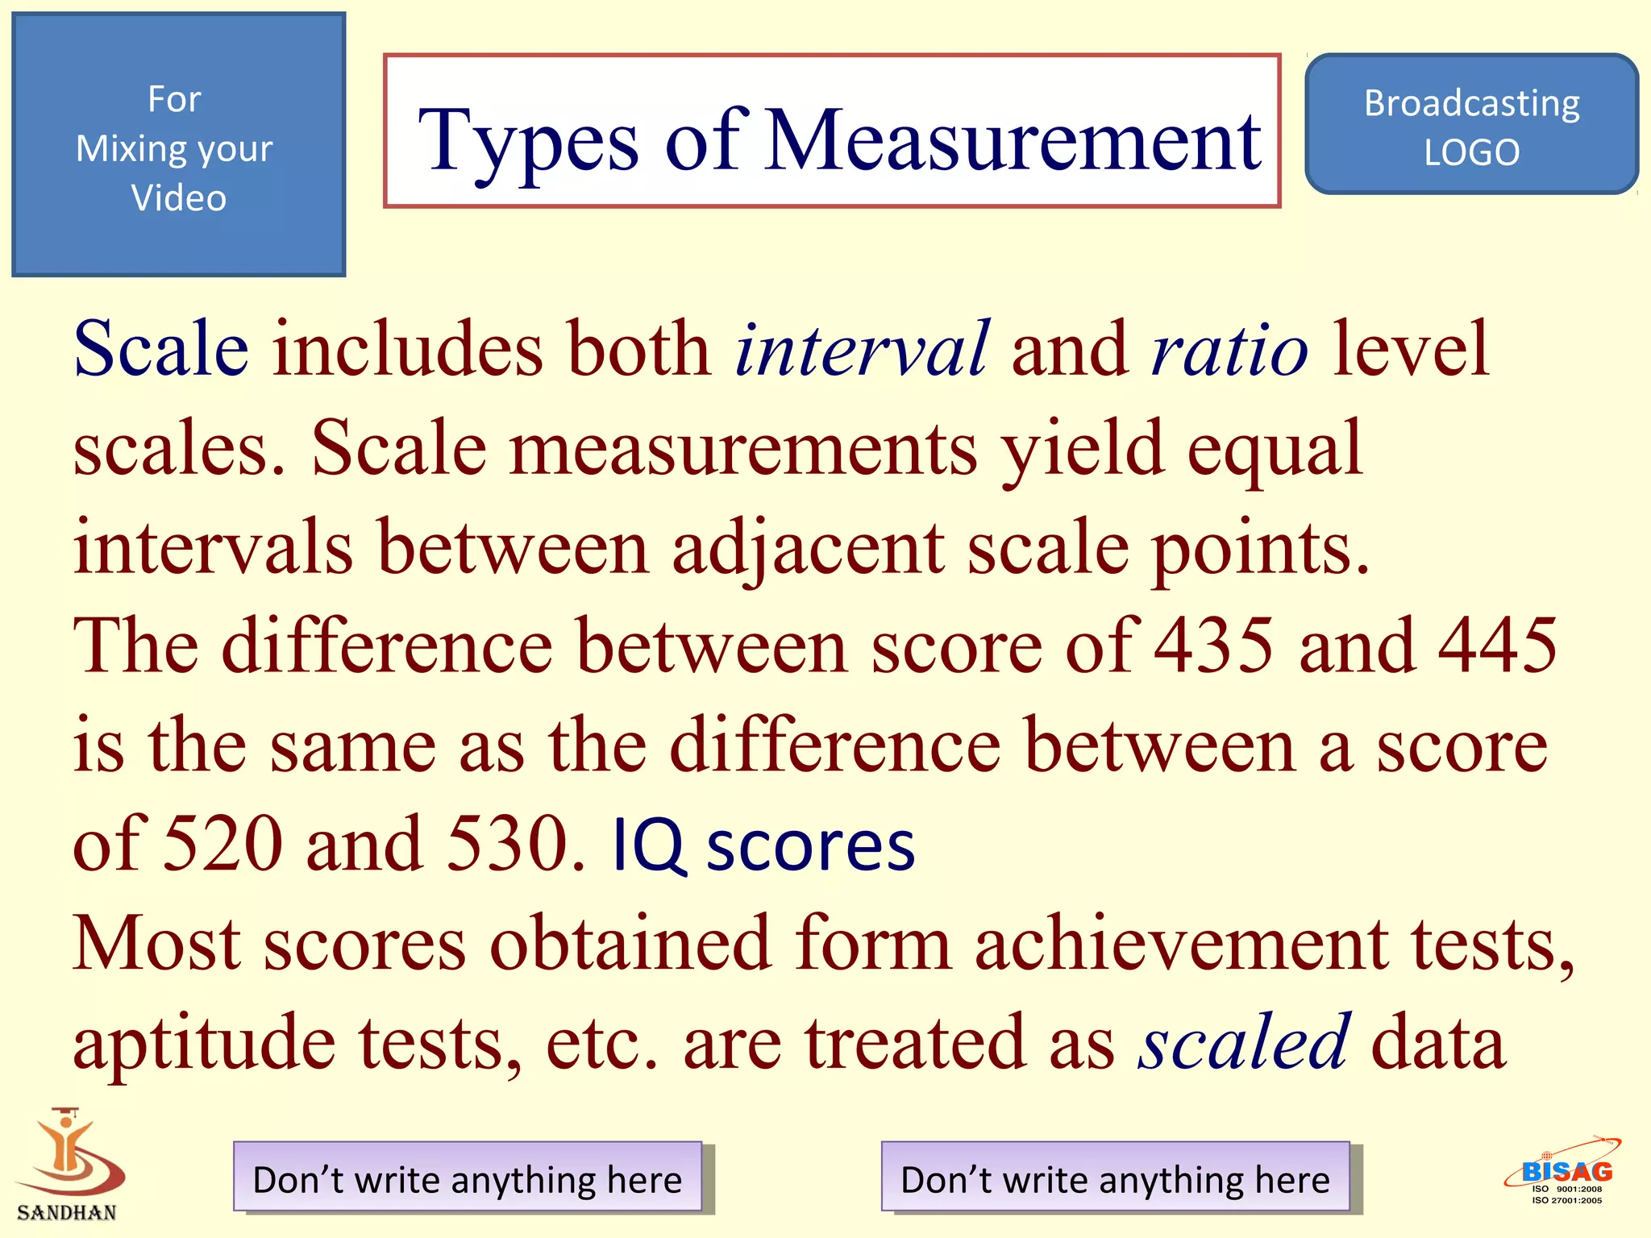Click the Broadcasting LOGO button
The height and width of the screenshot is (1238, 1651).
(x=1471, y=125)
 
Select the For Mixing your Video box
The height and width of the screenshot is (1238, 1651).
(x=178, y=145)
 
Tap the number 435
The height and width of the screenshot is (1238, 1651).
(x=1214, y=646)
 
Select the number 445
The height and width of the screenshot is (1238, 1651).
(x=1498, y=646)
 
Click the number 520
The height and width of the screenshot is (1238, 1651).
(x=222, y=844)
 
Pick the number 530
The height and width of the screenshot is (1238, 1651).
(x=507, y=844)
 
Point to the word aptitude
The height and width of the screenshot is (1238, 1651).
(x=204, y=1044)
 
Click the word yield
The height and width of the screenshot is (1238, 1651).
(x=1082, y=450)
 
